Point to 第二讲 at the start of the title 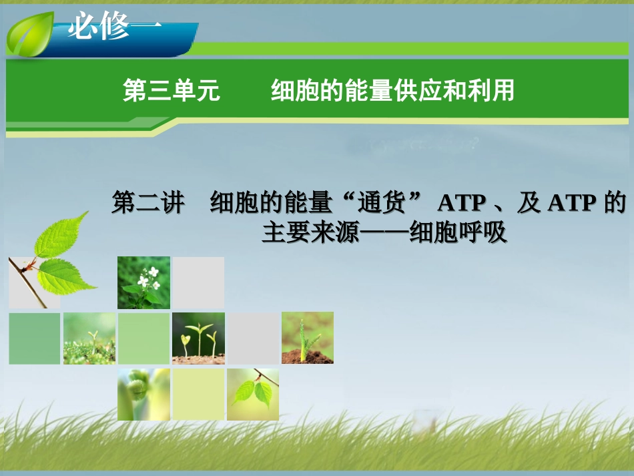(x=147, y=202)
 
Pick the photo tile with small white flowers (x=144, y=282)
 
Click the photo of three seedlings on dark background (x=199, y=338)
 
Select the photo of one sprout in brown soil (x=308, y=338)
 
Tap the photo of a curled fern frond (x=143, y=395)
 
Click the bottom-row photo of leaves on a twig (x=253, y=395)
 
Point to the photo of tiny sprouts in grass (x=89, y=338)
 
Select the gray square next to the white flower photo (x=199, y=282)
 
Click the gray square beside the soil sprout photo (x=253, y=338)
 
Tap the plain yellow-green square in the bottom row (x=199, y=395)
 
